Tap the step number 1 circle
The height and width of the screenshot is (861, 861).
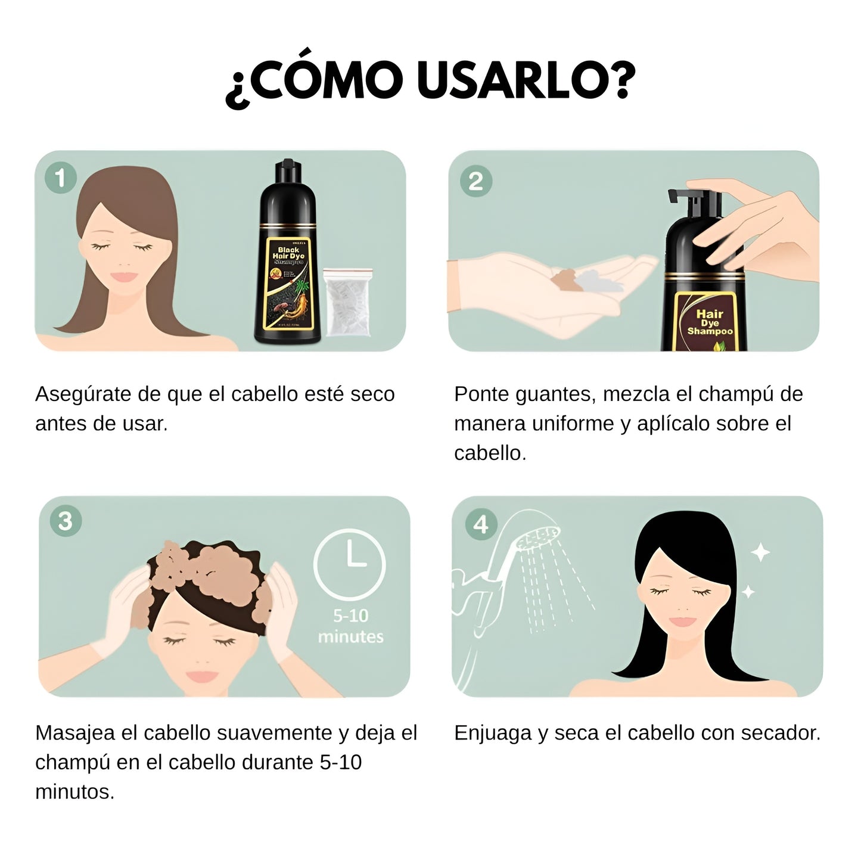tap(60, 178)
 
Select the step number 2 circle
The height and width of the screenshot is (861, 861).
tap(475, 181)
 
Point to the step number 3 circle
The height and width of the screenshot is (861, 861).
tap(66, 521)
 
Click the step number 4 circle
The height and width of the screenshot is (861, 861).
tap(480, 524)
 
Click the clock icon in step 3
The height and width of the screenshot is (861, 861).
tap(350, 564)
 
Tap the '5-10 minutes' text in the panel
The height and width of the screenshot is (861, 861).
tap(350, 626)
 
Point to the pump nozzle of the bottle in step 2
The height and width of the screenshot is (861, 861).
tap(691, 200)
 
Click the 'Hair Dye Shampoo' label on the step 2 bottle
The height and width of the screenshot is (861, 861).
tap(710, 322)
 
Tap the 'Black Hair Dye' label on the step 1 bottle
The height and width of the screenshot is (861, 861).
tap(288, 254)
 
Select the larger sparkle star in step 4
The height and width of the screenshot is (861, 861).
tap(760, 552)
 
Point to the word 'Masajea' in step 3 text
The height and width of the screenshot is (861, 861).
tap(75, 733)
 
